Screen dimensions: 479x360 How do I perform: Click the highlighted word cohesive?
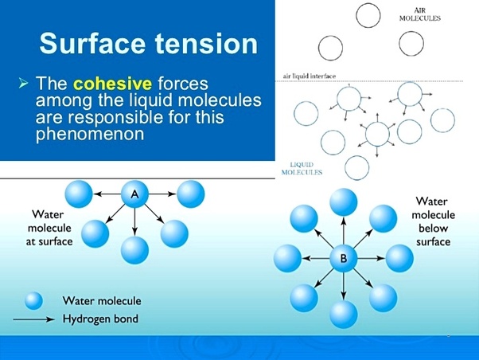112,84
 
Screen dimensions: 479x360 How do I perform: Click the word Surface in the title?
92,43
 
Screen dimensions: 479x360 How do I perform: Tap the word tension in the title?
207,43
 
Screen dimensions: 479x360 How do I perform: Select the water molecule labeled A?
134,194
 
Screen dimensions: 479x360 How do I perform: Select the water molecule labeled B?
344,259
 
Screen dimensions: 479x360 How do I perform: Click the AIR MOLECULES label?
420,14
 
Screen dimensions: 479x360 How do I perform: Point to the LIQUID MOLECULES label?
302,169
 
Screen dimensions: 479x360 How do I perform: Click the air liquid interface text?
310,76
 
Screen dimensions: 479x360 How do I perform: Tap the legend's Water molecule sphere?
33,301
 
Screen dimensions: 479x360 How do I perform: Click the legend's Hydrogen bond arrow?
34,319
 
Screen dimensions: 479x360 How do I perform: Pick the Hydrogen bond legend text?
100,319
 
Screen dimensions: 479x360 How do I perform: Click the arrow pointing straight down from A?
134,221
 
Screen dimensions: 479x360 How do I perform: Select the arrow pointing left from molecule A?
107,194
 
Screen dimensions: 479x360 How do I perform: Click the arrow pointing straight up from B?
344,230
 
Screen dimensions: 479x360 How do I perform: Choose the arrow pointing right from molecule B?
371,259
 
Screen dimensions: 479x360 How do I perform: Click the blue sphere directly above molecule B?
344,202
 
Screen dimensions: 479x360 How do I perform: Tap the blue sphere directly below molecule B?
344,315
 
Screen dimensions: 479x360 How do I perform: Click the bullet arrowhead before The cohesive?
23,83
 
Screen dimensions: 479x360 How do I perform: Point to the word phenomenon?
90,134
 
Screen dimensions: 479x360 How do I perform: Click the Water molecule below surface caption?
433,221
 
